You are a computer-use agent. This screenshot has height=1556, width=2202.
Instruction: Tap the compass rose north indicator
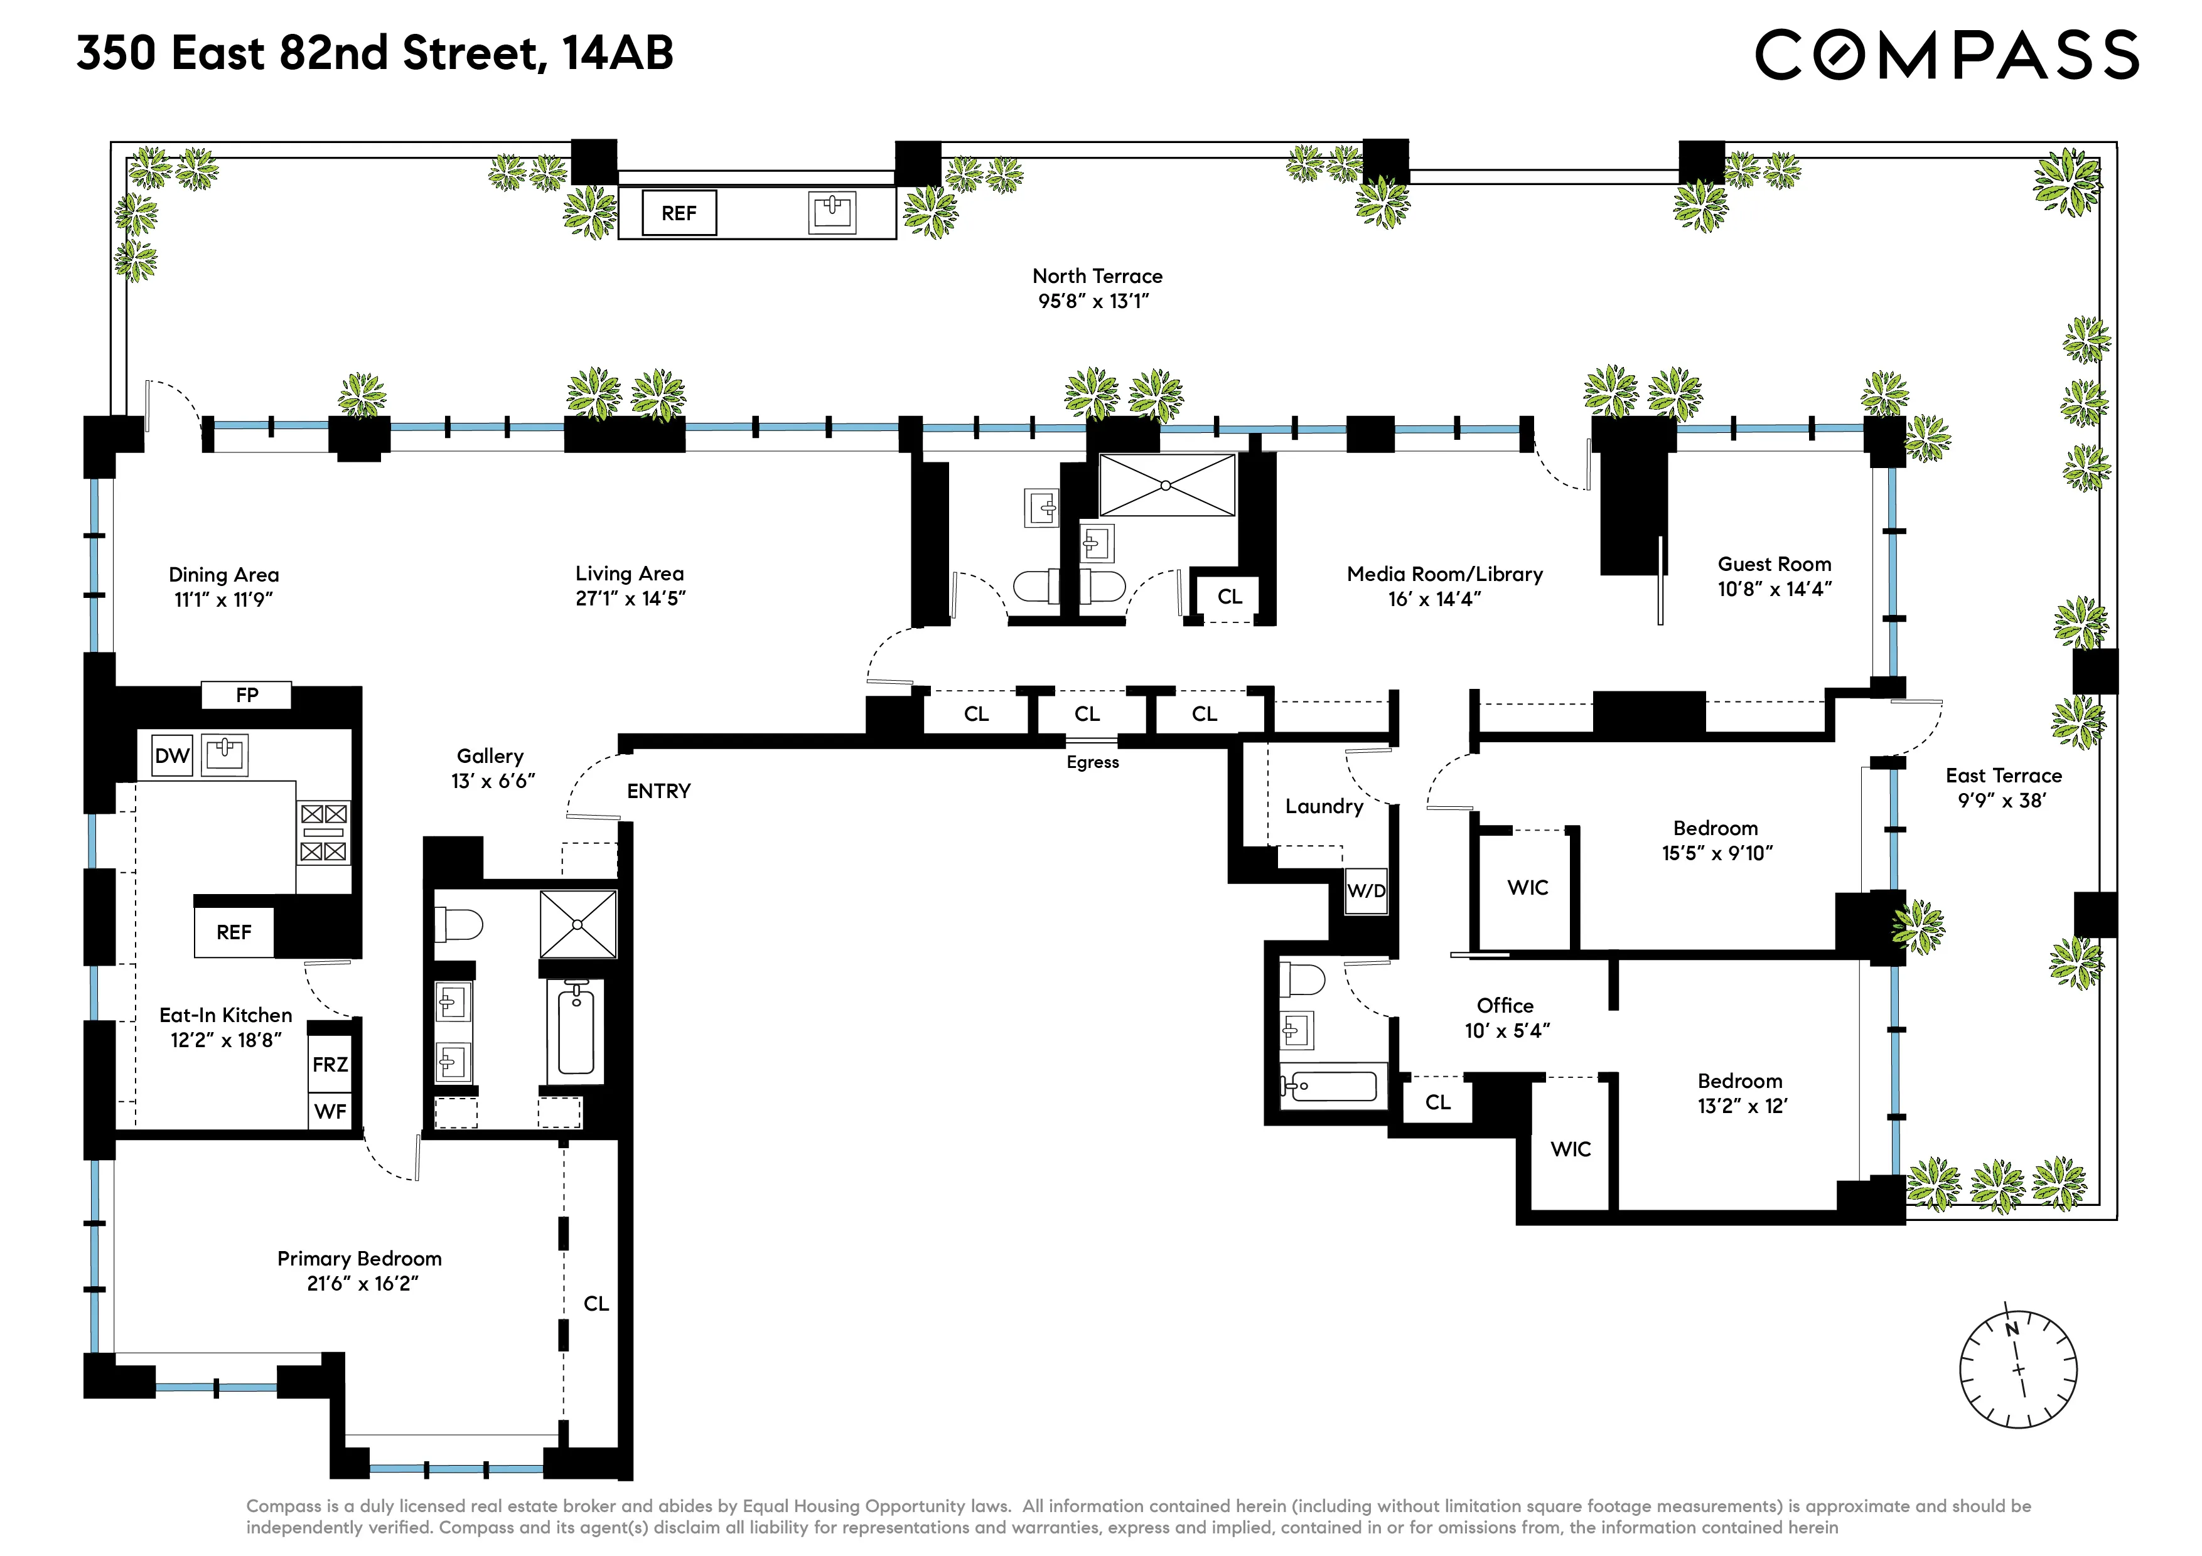[x=2012, y=1329]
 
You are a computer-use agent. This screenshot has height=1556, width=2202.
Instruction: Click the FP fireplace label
[x=247, y=695]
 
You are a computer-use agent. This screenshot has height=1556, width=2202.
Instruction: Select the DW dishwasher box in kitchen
[x=173, y=755]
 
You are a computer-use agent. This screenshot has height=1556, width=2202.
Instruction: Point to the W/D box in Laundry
[x=1366, y=891]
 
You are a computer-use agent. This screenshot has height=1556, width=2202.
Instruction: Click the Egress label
[x=1092, y=762]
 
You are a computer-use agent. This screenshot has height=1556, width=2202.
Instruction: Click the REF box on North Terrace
[x=678, y=213]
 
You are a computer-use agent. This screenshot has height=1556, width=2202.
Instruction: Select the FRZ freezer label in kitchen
[x=330, y=1064]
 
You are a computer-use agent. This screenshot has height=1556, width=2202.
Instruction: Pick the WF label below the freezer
[x=330, y=1111]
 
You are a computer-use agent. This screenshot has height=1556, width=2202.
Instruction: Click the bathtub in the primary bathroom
[x=576, y=1031]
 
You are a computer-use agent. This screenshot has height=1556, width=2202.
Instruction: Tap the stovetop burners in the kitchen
[x=323, y=832]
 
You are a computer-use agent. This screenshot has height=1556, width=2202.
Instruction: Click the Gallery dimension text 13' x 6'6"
[x=492, y=781]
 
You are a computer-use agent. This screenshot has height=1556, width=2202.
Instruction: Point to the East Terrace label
[x=2004, y=775]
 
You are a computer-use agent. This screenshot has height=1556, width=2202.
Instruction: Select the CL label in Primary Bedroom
[x=596, y=1304]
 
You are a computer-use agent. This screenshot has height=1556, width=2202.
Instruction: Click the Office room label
[x=1505, y=1006]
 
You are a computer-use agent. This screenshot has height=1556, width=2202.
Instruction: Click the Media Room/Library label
[x=1444, y=574]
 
